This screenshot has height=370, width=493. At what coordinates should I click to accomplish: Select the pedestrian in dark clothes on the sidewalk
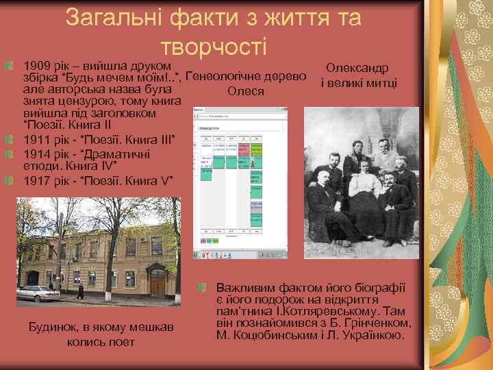coord(80,291)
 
